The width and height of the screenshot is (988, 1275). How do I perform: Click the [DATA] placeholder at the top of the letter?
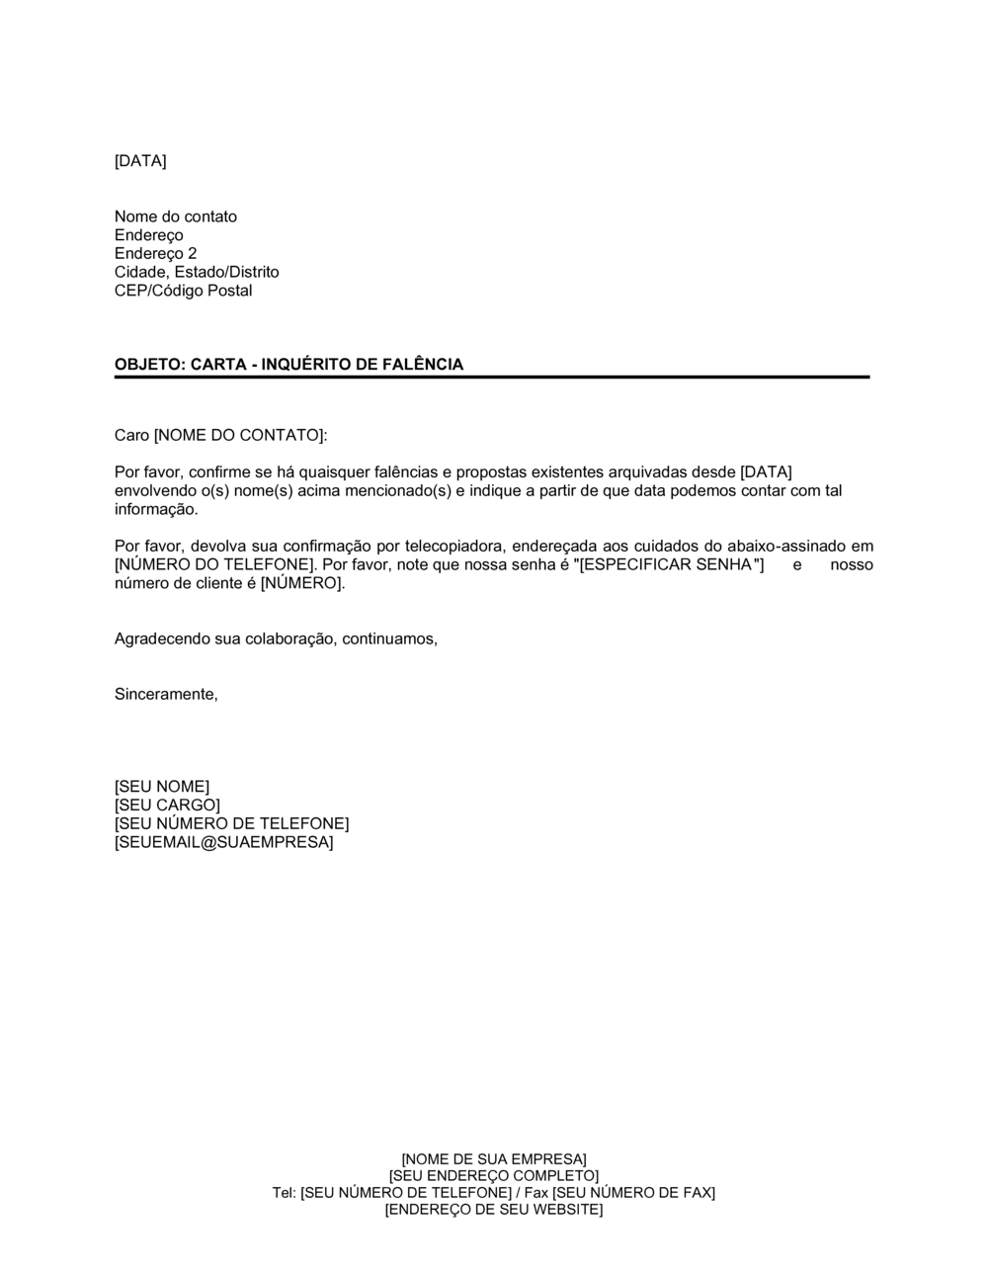tap(140, 161)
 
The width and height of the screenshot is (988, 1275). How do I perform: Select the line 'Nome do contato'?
tap(176, 216)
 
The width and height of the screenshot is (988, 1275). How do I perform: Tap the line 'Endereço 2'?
tap(155, 254)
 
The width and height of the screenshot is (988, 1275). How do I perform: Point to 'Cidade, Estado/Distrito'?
tap(197, 272)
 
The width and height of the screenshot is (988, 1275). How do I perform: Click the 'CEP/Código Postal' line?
tap(183, 291)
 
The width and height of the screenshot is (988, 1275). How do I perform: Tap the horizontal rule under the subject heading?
tap(492, 378)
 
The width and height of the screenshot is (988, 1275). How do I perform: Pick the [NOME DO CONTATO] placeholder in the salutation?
tap(239, 435)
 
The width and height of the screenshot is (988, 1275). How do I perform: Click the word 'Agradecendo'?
tap(162, 639)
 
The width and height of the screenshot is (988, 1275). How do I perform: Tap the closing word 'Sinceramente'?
tap(165, 695)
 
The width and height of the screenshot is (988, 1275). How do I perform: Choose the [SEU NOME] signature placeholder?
tap(162, 787)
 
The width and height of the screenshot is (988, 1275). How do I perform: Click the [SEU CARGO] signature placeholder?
tap(167, 806)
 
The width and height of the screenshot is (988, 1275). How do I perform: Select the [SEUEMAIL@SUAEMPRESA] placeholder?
tap(223, 843)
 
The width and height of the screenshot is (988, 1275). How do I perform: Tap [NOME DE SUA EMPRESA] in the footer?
tap(494, 1159)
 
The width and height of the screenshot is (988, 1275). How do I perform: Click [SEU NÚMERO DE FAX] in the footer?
tap(633, 1193)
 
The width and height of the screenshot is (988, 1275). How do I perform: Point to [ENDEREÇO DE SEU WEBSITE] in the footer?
tap(494, 1210)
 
